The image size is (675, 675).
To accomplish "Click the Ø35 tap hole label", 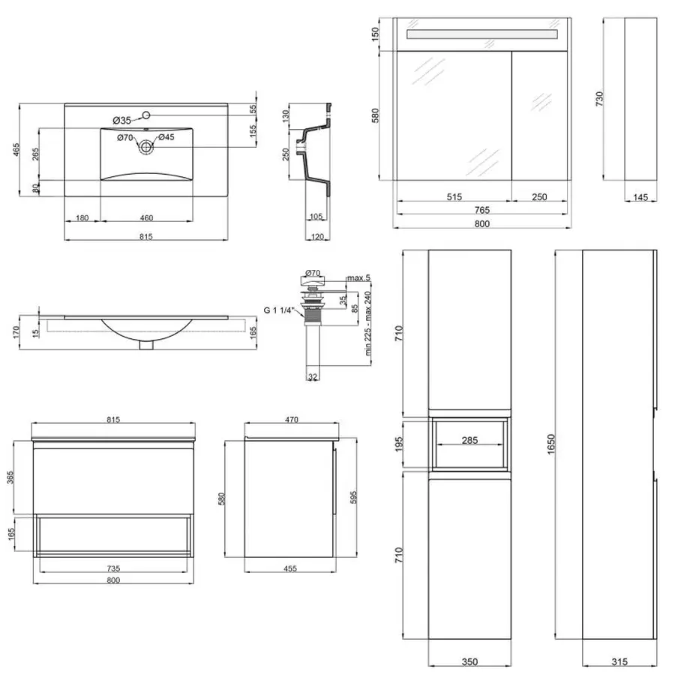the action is (x=121, y=121).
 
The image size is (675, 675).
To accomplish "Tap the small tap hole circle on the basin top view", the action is (x=146, y=115).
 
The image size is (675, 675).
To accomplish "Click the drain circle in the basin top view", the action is (x=146, y=147).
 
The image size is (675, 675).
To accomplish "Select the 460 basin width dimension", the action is (x=146, y=217).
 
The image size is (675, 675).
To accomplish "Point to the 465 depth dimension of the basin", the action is (x=16, y=149).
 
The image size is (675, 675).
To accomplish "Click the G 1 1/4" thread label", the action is (x=277, y=310).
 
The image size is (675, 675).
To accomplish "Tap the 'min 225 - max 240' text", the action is (x=367, y=324).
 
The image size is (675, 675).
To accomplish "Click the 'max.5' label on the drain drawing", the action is (x=358, y=278).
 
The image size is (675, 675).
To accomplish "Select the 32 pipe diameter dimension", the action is (x=313, y=376).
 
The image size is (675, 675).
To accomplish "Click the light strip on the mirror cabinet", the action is (x=482, y=34).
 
